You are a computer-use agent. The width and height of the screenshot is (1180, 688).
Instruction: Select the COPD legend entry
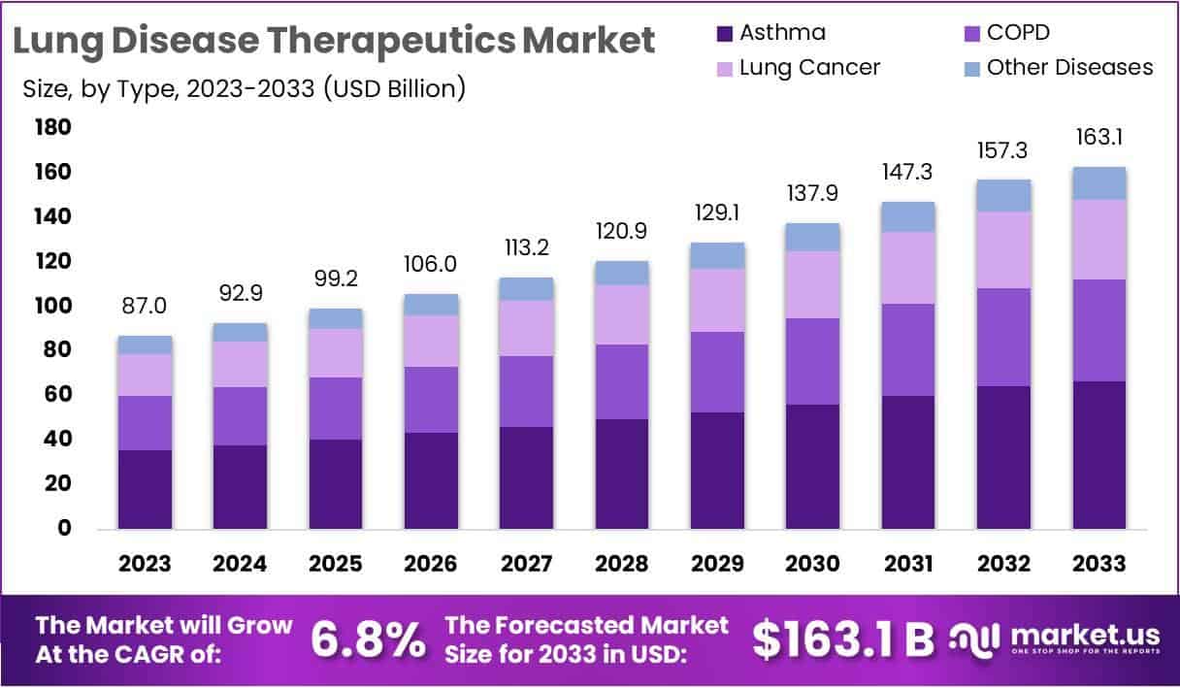(x=1018, y=33)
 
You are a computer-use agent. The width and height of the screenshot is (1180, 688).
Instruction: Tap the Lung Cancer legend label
(x=809, y=67)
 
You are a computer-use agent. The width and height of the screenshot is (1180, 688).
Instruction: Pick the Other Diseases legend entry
(x=1069, y=67)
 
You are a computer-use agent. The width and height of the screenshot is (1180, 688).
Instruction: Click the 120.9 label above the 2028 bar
(x=622, y=231)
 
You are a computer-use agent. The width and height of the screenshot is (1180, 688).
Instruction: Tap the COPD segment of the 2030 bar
(x=813, y=361)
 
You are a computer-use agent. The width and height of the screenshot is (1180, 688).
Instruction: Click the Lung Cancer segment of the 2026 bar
(x=431, y=341)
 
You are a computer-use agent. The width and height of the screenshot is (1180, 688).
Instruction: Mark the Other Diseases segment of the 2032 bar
(x=1003, y=196)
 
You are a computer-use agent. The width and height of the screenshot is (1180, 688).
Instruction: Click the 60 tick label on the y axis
(x=57, y=395)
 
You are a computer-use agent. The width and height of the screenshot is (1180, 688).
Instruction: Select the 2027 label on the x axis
(x=527, y=564)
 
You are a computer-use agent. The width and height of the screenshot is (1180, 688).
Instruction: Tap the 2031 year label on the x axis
(x=908, y=564)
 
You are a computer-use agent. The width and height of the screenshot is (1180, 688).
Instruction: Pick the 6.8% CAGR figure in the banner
(x=369, y=639)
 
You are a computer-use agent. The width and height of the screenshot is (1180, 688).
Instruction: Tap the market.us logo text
(x=1085, y=635)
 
